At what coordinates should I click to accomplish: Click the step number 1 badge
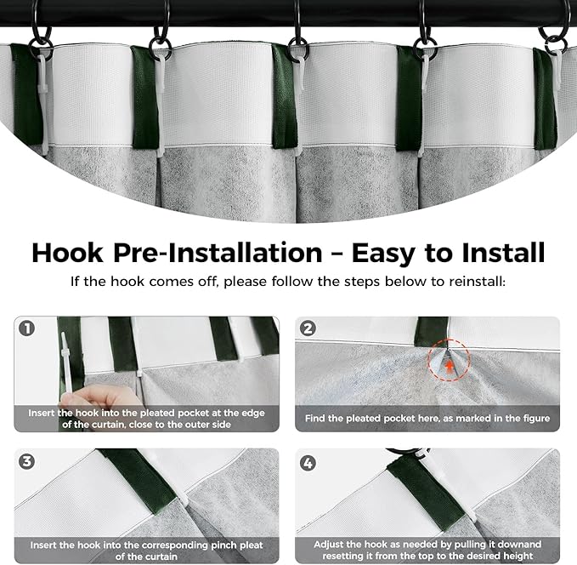27,328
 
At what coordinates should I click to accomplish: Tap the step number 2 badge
308,328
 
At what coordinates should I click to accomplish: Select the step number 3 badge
27,461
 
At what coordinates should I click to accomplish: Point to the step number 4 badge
308,463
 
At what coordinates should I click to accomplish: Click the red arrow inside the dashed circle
449,367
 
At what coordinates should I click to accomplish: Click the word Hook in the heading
68,253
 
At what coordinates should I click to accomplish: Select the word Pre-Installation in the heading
218,253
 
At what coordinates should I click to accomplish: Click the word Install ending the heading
503,253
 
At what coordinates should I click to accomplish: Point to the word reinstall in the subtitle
476,282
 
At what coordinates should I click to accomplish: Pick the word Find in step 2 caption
315,418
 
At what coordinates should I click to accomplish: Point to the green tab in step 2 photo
431,332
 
